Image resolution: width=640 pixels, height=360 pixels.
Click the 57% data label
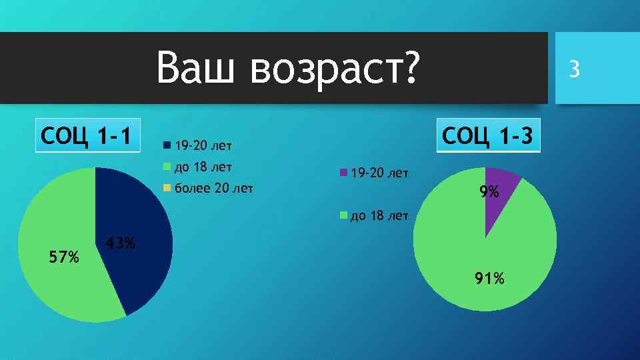tap(64, 256)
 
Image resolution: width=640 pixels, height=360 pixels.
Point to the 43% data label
tap(121, 243)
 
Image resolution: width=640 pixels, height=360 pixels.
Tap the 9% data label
tap(489, 193)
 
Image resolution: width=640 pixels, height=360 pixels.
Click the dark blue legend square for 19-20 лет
tap(166, 145)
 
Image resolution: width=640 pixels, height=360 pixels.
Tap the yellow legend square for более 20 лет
tap(166, 187)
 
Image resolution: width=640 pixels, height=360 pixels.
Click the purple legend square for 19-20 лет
tap(343, 173)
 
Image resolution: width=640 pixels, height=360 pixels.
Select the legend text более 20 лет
tap(213, 187)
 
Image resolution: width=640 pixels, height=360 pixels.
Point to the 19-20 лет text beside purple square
tap(379, 173)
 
